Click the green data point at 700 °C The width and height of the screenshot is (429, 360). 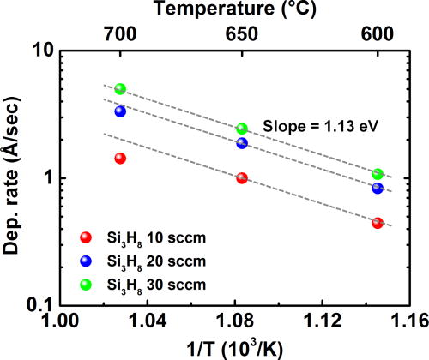click(120, 89)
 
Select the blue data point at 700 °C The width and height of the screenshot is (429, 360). click(120, 111)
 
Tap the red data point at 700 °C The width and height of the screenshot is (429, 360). click(120, 159)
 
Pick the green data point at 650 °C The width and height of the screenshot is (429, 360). click(242, 129)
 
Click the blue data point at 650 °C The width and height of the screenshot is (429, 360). click(242, 143)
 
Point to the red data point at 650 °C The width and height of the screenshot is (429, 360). click(242, 177)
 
